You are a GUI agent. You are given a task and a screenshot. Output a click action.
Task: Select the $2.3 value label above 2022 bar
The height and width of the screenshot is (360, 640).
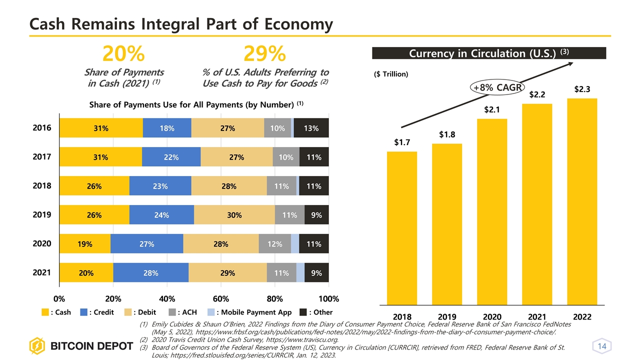(x=582, y=89)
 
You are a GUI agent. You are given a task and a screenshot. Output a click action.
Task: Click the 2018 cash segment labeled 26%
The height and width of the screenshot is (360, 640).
(x=94, y=186)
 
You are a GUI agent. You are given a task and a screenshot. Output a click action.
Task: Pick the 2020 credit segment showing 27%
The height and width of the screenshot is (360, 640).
(x=146, y=244)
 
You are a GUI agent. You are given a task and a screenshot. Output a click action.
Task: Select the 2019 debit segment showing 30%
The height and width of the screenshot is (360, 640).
(x=234, y=215)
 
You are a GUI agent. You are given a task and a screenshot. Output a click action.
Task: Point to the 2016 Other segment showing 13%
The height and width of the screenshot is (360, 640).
(x=311, y=128)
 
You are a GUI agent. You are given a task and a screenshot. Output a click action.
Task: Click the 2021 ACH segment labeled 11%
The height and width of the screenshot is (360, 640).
(x=281, y=273)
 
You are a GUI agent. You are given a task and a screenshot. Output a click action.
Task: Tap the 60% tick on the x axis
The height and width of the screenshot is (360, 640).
(x=221, y=299)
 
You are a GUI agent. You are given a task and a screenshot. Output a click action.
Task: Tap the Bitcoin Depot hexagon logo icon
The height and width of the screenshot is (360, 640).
(x=37, y=346)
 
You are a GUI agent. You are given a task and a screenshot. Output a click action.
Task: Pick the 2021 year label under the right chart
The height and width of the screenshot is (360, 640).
(x=537, y=317)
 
